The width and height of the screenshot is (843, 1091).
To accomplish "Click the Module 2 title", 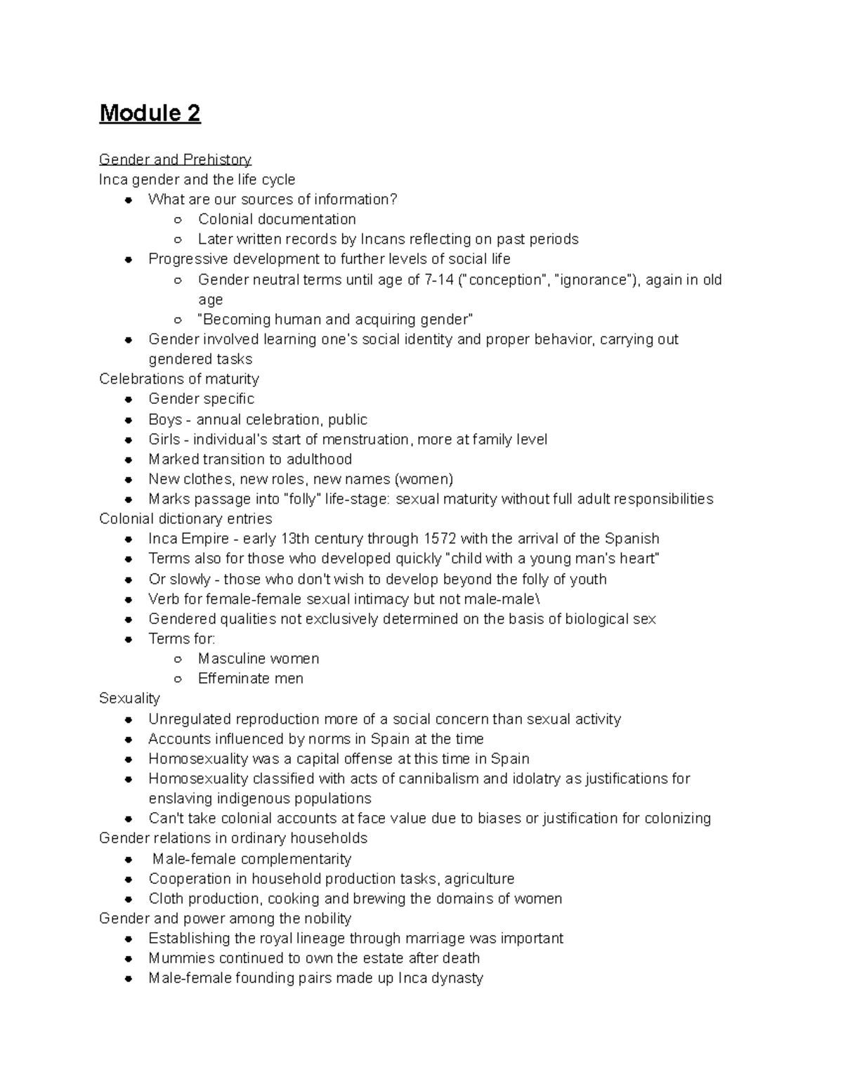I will pos(150,113).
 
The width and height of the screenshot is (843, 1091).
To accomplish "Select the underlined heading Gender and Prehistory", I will pos(175,159).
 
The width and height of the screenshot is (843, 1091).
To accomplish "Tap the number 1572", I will pos(440,539).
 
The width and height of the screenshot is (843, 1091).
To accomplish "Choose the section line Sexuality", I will pos(129,698).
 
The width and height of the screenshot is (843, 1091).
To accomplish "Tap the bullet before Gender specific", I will pos(129,399).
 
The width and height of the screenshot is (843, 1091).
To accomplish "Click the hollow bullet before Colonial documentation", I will pos(178,220).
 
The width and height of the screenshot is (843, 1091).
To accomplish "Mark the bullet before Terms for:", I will pos(129,639).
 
